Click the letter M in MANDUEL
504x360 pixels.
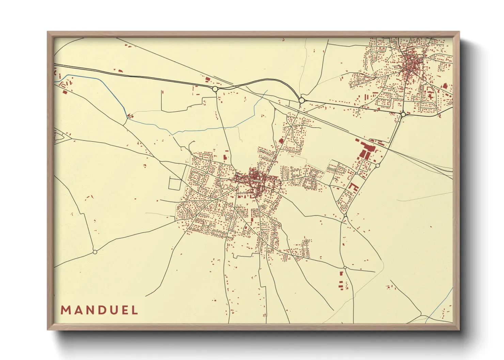pyautogui.click(x=65, y=310)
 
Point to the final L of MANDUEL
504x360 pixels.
pyautogui.click(x=136, y=310)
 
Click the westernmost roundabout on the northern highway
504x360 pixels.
pyautogui.click(x=215, y=89)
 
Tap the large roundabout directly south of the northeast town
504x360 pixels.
pyautogui.click(x=403, y=115)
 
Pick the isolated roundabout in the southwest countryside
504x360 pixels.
pyautogui.click(x=95, y=252)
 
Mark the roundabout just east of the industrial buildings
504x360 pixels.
pyautogui.click(x=377, y=166)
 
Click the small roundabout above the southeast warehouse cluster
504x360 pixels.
pyautogui.click(x=345, y=268)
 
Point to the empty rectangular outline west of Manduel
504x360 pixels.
pyautogui.click(x=174, y=184)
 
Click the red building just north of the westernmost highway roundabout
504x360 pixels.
pyautogui.click(x=207, y=79)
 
